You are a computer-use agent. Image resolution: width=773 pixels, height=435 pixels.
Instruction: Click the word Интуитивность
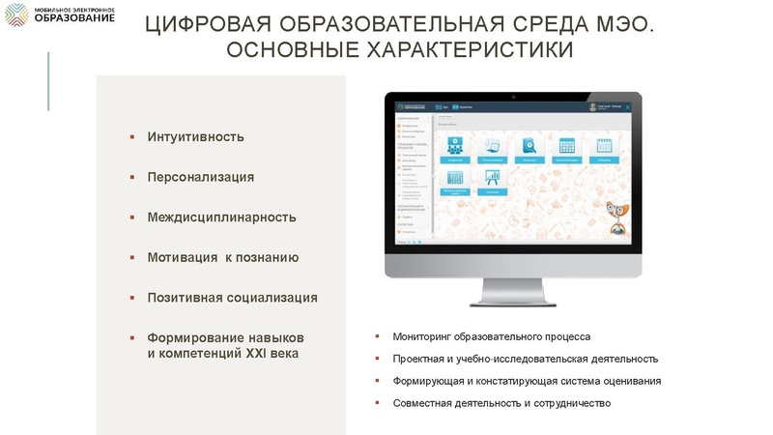click(x=195, y=136)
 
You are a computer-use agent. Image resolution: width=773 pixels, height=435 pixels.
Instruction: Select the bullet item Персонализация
click(x=200, y=177)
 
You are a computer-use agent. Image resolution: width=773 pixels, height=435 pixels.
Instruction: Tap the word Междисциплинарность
click(x=221, y=217)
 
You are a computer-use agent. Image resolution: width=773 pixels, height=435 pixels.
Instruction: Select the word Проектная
click(x=421, y=359)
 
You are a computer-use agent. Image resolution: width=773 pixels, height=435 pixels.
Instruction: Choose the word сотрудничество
click(x=572, y=402)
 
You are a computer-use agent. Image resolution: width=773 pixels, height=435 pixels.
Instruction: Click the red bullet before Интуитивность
click(x=131, y=136)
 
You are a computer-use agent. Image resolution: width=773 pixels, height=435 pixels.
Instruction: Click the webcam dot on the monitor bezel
click(x=513, y=97)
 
